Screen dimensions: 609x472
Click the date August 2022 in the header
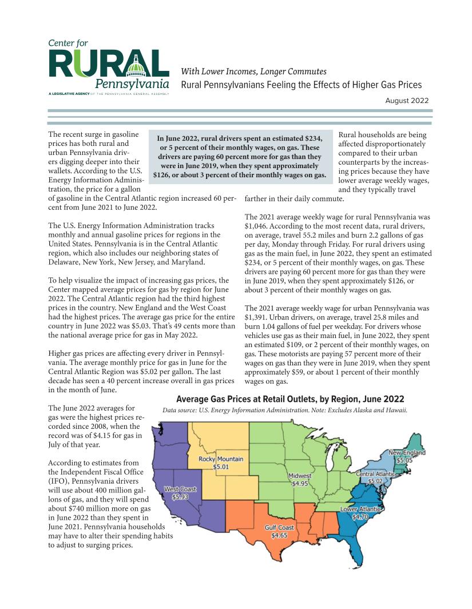(x=408, y=101)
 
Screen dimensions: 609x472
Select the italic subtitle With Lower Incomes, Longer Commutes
(x=253, y=71)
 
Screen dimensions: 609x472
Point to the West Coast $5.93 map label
(x=180, y=493)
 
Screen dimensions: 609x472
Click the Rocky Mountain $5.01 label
(x=221, y=463)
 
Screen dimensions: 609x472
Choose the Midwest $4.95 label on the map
(x=300, y=480)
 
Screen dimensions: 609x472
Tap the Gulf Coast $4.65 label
(x=279, y=531)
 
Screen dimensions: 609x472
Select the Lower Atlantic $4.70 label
(x=360, y=512)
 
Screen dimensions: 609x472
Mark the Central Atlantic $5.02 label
(x=375, y=477)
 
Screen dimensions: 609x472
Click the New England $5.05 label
(x=407, y=456)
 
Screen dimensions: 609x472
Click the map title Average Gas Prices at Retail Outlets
(x=290, y=399)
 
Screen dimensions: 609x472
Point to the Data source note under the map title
(x=284, y=410)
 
